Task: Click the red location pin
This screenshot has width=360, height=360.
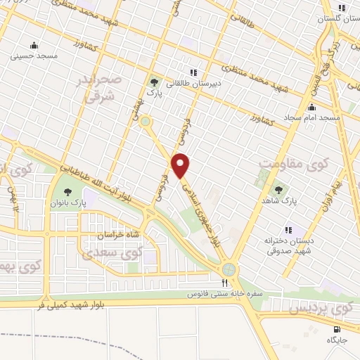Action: (181, 165)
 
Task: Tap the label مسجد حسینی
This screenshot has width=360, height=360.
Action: (29, 55)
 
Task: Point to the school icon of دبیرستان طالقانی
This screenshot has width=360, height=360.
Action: (192, 72)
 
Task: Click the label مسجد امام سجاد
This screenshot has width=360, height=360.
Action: (310, 117)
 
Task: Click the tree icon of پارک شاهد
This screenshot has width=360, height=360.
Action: (278, 189)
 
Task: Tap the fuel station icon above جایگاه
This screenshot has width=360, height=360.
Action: (337, 328)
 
